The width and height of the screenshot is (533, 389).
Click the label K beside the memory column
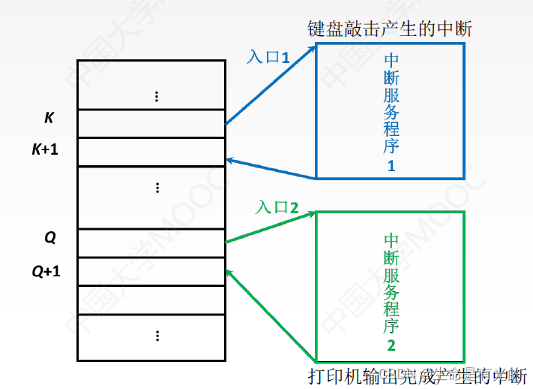[x=49, y=118]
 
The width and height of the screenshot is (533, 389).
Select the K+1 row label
[x=44, y=149]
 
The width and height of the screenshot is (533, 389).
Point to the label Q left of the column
[x=50, y=238]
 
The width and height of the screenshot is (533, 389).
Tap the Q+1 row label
[x=46, y=270]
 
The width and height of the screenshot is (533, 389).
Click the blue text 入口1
[x=268, y=56]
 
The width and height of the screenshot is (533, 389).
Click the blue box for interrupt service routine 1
[x=390, y=110]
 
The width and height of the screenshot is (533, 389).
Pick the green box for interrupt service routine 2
[x=391, y=285]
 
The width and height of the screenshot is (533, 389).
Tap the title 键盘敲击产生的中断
[x=390, y=29]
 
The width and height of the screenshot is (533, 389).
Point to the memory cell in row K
[x=151, y=123]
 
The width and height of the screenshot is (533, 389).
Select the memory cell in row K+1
[x=151, y=152]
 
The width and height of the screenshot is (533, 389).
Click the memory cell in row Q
[x=151, y=243]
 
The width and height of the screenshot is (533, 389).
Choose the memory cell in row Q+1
[x=151, y=271]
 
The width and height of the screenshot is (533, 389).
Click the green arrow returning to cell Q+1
[x=270, y=315]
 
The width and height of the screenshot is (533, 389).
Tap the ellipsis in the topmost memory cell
[x=156, y=96]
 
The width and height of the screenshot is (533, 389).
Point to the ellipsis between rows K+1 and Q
[x=156, y=187]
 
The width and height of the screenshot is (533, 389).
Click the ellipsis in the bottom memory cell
[x=156, y=334]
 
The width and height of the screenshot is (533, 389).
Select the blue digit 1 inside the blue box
[x=391, y=167]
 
